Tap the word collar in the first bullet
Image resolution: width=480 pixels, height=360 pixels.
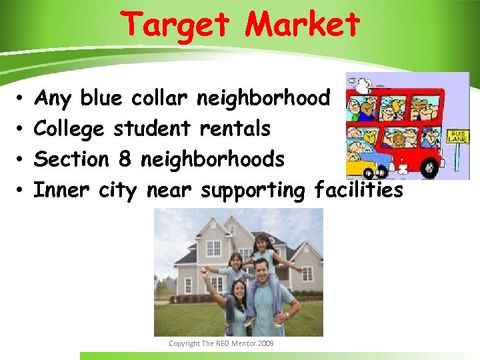click(x=161, y=99)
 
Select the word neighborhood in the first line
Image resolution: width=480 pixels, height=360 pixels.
click(x=264, y=99)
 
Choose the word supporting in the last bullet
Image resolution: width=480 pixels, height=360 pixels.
click(x=253, y=191)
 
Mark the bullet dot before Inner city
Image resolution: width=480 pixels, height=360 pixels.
click(x=22, y=191)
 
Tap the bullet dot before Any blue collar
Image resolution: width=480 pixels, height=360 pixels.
click(x=22, y=99)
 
